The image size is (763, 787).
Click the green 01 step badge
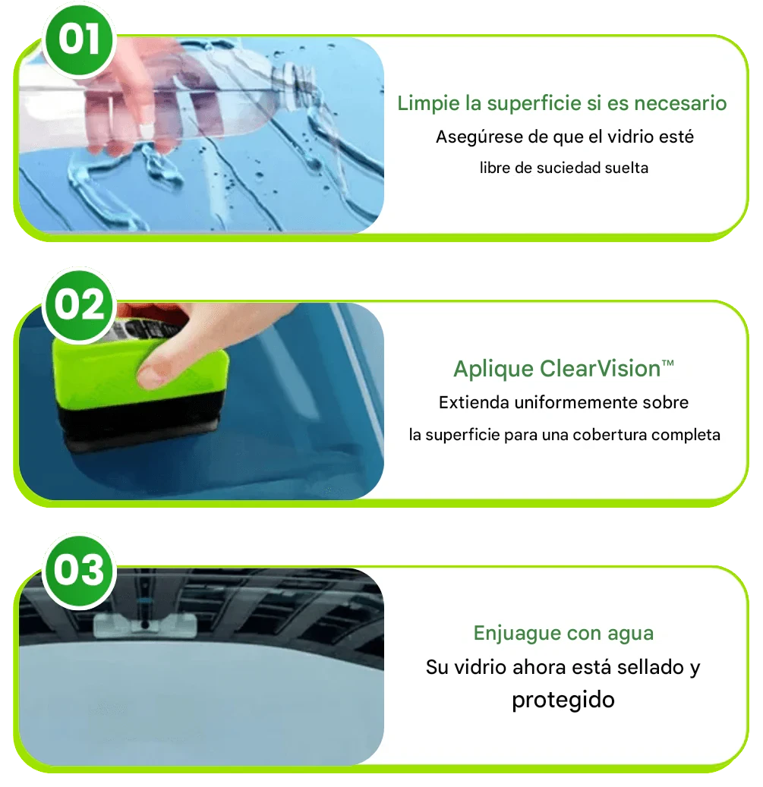(x=79, y=39)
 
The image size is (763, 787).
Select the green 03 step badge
(x=79, y=571)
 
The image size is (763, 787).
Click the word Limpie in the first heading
(x=428, y=103)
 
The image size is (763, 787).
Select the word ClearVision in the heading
(x=600, y=369)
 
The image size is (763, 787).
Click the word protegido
(x=563, y=700)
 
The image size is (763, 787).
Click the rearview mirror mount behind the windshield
(x=144, y=625)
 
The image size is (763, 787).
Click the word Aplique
(x=493, y=370)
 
